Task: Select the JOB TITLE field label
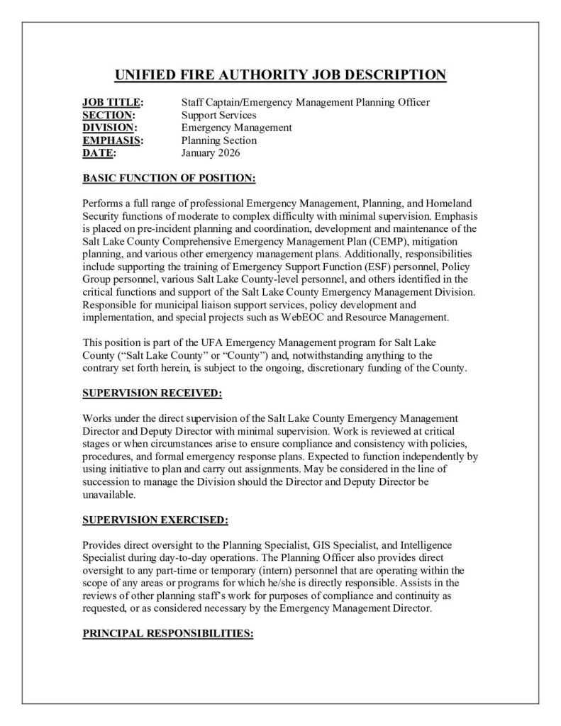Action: click(x=112, y=103)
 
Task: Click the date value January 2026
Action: click(x=211, y=152)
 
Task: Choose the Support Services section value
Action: click(x=219, y=115)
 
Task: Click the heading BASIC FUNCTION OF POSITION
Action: click(x=169, y=178)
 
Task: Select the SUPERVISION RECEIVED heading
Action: click(x=152, y=392)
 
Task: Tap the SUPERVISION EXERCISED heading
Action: click(x=155, y=520)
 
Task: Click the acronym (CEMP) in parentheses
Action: click(x=381, y=241)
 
